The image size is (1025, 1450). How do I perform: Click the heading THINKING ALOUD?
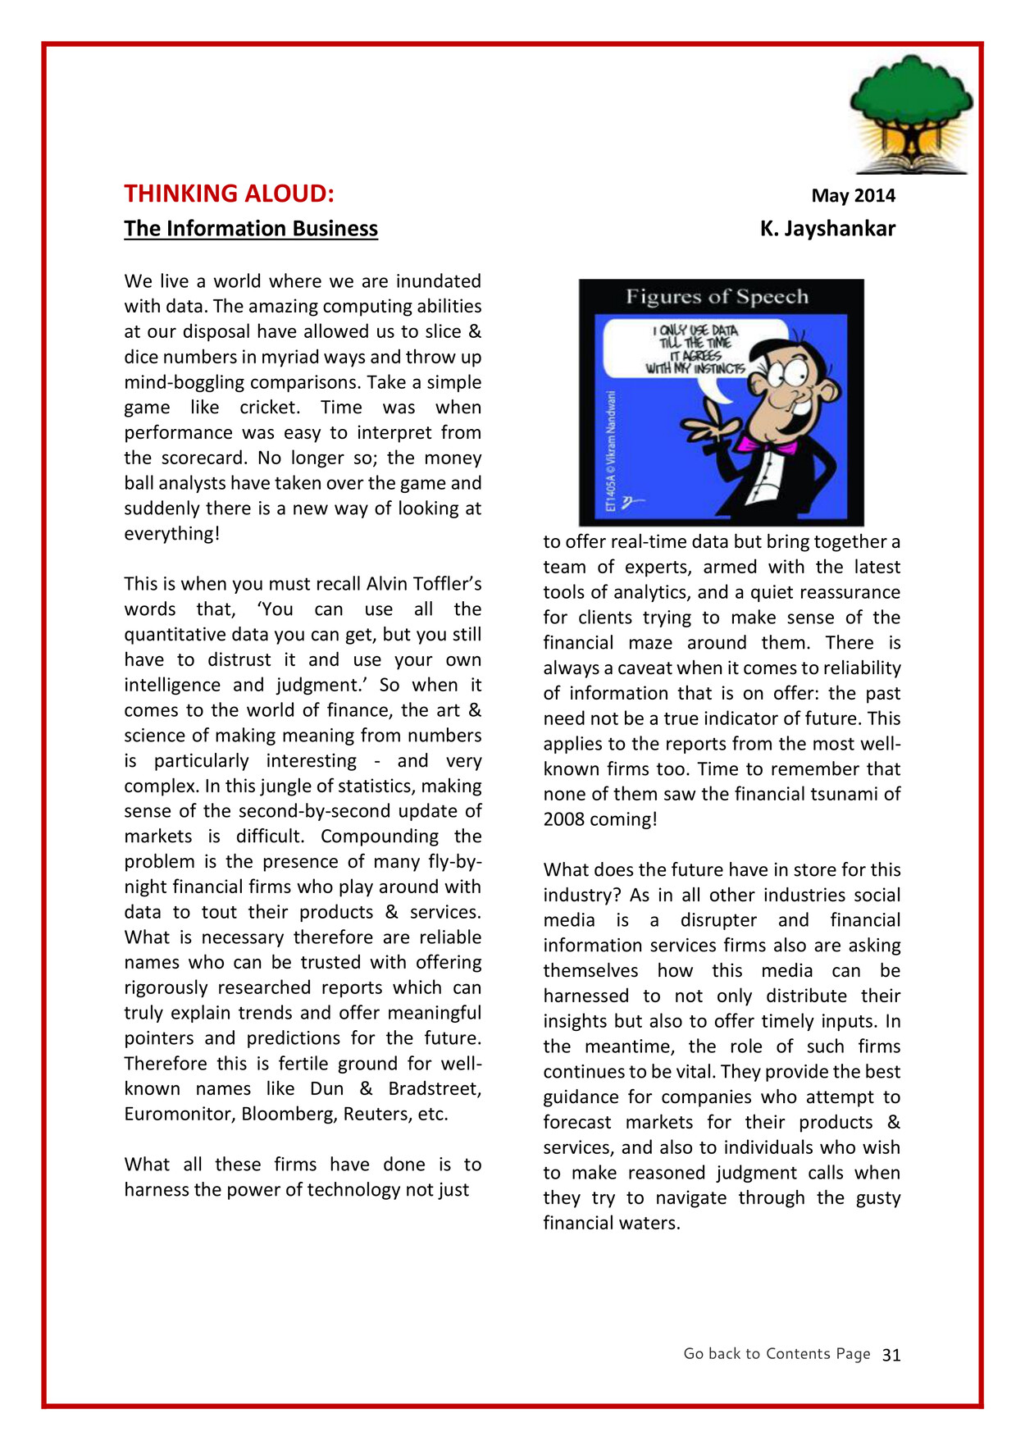pyautogui.click(x=229, y=194)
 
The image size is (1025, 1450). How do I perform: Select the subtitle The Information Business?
pyautogui.click(x=250, y=228)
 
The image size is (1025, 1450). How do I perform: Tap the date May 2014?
pyautogui.click(x=853, y=195)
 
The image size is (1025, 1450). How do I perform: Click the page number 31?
pyautogui.click(x=891, y=1355)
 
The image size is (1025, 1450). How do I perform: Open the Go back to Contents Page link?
pyautogui.click(x=777, y=1354)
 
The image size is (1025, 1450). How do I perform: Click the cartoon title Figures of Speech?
pyautogui.click(x=717, y=297)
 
